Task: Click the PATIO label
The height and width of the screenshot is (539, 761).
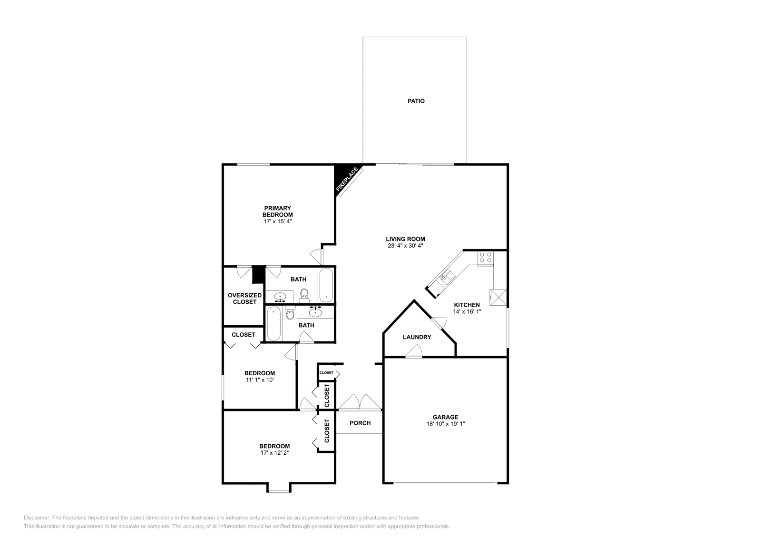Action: [x=416, y=101]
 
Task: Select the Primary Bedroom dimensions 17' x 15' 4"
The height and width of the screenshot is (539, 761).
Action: [x=277, y=221]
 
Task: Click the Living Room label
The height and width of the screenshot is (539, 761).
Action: [x=405, y=239]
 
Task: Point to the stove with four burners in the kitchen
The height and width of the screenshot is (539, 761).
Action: [x=485, y=258]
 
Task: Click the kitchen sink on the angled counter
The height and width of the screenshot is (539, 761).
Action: [x=446, y=277]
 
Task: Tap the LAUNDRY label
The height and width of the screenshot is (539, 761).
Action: [x=417, y=337]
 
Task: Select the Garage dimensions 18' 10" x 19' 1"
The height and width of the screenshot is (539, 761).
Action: [x=445, y=424]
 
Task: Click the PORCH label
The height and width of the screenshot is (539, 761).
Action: [x=360, y=423]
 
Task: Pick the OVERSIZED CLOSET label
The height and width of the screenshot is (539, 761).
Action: [x=244, y=299]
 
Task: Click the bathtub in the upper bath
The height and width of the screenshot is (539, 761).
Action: [x=326, y=286]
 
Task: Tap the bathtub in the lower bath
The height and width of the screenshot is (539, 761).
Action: [x=273, y=324]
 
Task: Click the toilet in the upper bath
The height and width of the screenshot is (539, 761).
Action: [x=304, y=296]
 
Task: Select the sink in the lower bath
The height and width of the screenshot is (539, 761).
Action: [x=315, y=312]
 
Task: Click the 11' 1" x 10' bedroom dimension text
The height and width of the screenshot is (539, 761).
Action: [x=260, y=380]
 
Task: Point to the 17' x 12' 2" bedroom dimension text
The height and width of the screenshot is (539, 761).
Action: [x=274, y=453]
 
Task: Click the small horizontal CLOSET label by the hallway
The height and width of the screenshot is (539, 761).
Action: [x=326, y=372]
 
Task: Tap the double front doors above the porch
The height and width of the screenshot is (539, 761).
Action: [x=360, y=402]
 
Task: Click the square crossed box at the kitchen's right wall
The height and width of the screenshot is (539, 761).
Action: [x=499, y=298]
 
